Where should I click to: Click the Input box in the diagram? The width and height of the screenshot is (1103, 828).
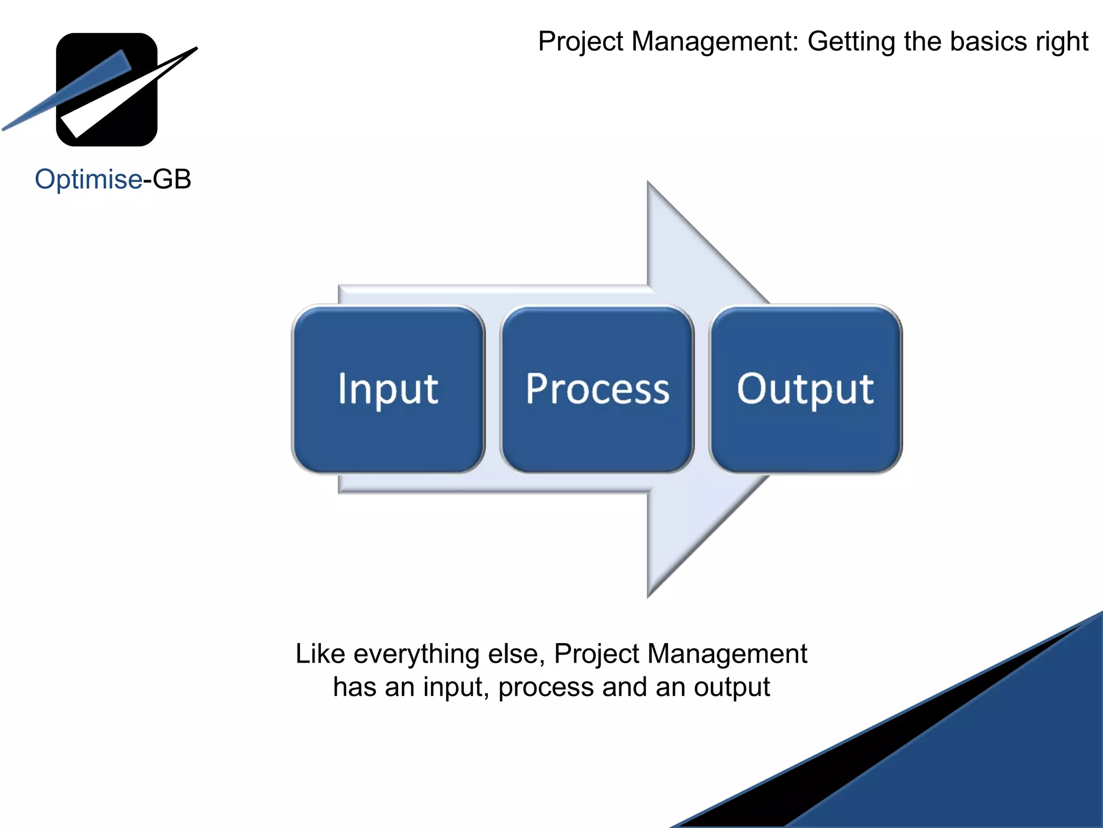click(388, 389)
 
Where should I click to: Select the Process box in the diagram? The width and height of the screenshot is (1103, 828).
click(597, 389)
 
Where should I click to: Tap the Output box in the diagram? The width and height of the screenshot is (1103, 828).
click(805, 389)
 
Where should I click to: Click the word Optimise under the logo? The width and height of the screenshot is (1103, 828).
click(88, 180)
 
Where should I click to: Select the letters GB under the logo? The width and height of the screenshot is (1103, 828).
click(172, 180)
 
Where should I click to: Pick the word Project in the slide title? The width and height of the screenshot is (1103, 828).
click(581, 42)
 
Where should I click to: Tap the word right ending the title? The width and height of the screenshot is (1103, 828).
click(1062, 42)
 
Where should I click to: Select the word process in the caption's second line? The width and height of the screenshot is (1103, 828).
click(545, 688)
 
